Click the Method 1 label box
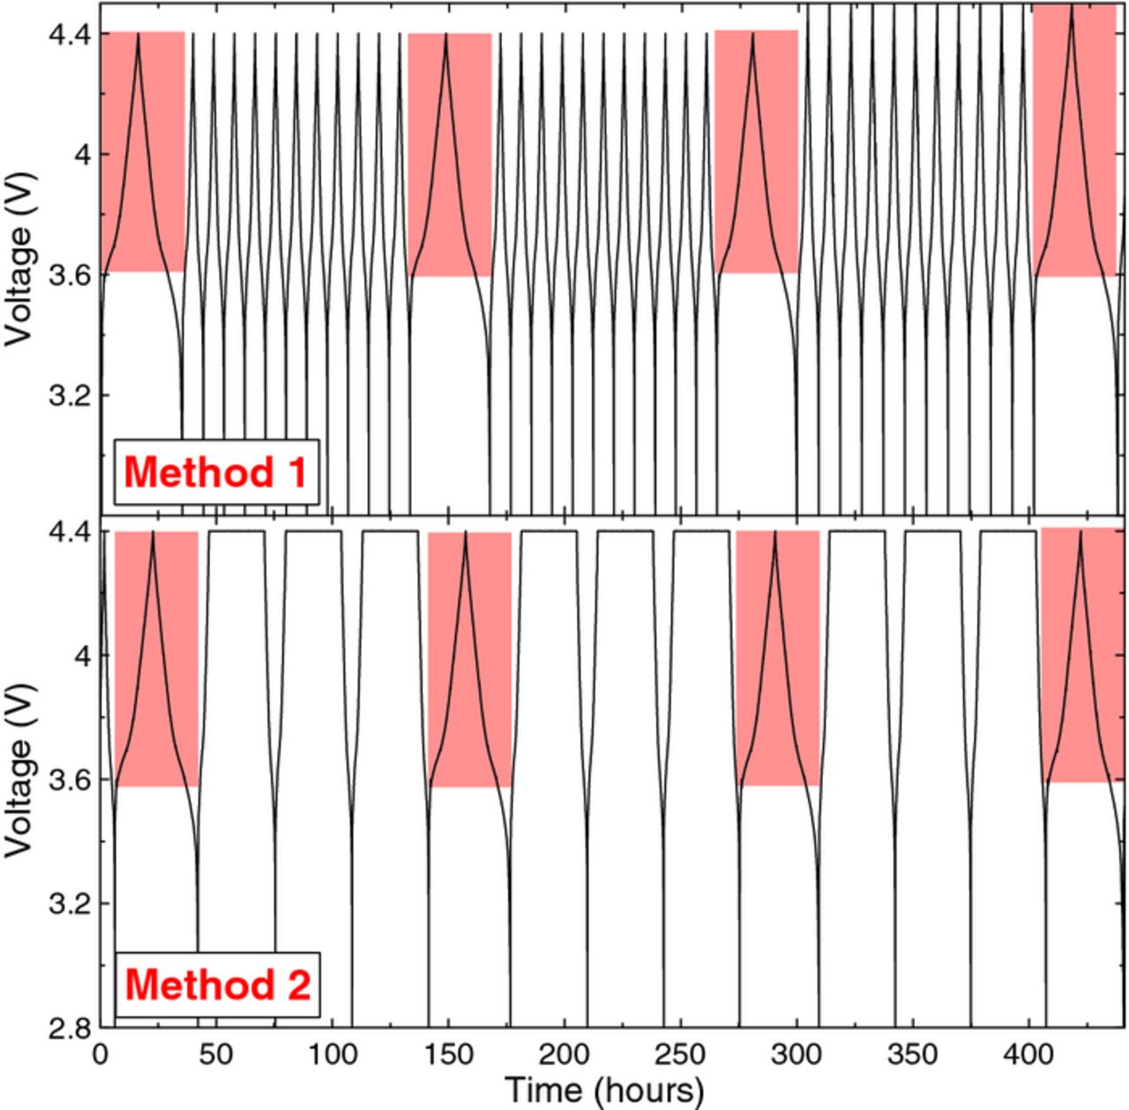215,472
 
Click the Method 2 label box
217,984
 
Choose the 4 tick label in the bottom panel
79,656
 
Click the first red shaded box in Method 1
142,152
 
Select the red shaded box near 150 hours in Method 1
449,154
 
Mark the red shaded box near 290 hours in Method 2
777,657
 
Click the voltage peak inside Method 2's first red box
153,534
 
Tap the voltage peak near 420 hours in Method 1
1072,11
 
